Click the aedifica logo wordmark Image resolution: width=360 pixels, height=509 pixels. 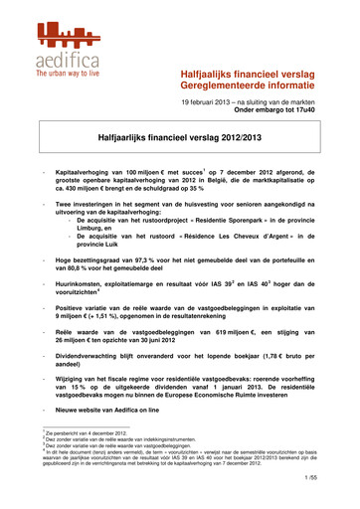click(66, 62)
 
